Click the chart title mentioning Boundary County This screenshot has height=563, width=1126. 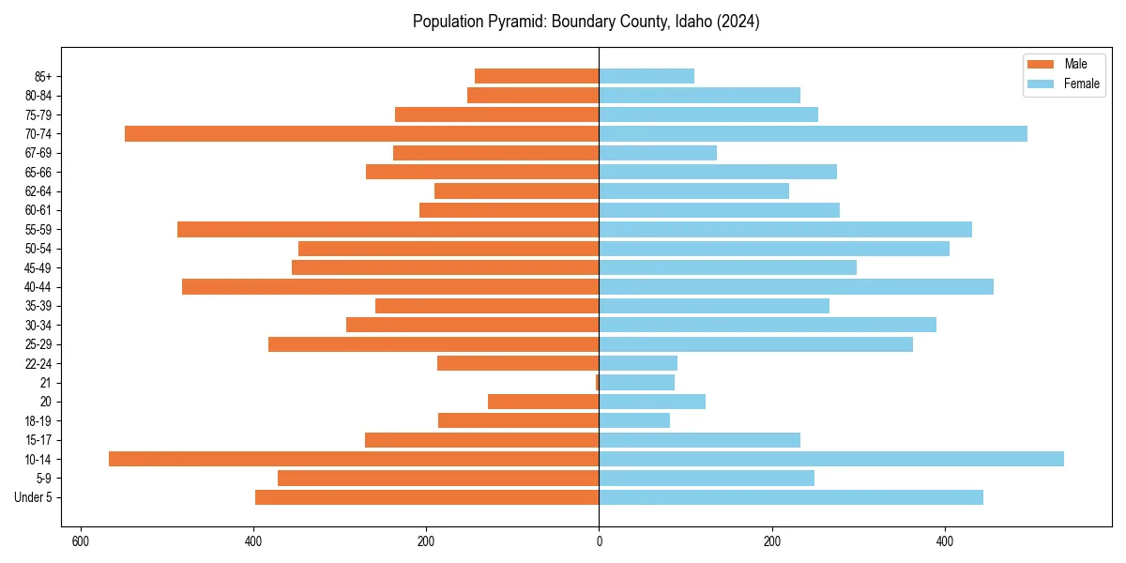[586, 22]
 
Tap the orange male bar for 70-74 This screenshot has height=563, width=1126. [361, 134]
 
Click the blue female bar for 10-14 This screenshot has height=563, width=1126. [831, 459]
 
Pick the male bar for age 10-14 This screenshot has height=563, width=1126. [354, 459]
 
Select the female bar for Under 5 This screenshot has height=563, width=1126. [791, 497]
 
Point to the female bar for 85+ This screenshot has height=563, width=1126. [647, 76]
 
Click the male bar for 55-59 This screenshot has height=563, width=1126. [388, 230]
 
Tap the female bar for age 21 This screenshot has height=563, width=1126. [637, 383]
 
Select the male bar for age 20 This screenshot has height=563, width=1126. [543, 402]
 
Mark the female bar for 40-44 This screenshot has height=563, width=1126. [796, 287]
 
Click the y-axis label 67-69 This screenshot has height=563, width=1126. [38, 153]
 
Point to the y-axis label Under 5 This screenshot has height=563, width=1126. [34, 497]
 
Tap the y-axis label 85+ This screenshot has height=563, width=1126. [44, 76]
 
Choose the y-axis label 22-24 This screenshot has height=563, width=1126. [38, 364]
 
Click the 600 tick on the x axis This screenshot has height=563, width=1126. [81, 541]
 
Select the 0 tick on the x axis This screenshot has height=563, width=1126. [599, 541]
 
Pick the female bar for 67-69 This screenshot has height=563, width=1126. [658, 153]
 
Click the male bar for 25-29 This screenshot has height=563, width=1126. [434, 344]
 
